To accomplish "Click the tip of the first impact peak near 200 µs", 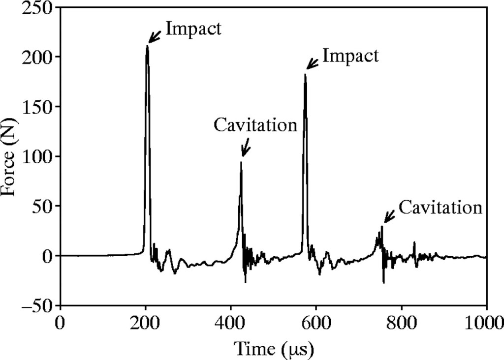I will point(147,46).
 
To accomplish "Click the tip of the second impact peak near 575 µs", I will point(305,74).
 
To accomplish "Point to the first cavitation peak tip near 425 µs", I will point(241,162).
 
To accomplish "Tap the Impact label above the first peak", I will point(193,29).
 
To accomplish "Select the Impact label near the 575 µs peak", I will point(350,56).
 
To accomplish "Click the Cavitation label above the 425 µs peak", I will point(255,125).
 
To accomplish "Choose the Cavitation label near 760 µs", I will point(440,207).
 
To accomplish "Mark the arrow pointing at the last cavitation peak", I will point(389,216).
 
